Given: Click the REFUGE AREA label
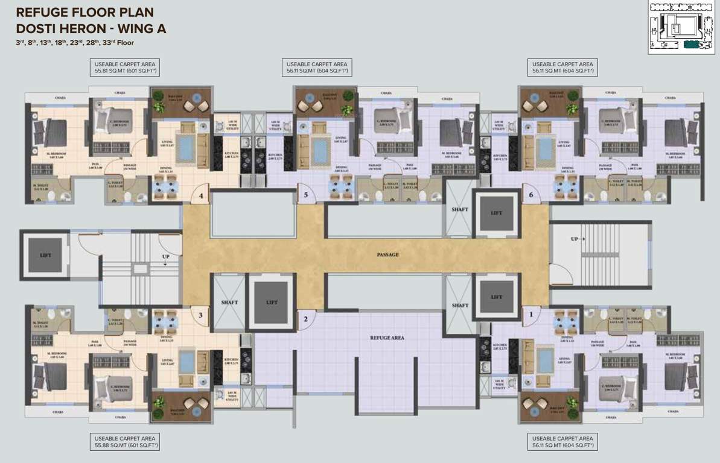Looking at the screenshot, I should [x=387, y=338].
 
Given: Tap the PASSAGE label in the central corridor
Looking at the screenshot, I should [x=387, y=254].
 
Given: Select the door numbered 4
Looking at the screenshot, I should [x=201, y=194].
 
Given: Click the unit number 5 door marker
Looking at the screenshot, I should [x=306, y=195].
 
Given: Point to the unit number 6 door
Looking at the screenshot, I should [x=530, y=195].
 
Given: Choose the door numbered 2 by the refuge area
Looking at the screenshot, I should [x=306, y=319].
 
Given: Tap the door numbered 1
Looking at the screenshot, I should [x=531, y=314].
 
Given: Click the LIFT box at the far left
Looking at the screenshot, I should [x=46, y=255].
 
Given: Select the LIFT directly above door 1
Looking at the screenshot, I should [x=496, y=297].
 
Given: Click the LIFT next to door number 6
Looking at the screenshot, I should [x=496, y=213].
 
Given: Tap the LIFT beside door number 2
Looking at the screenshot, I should [x=272, y=302].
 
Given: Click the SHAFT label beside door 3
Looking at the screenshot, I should [x=229, y=302].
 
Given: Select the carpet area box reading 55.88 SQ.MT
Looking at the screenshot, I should [x=125, y=442].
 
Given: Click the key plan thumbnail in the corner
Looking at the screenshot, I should [x=681, y=27].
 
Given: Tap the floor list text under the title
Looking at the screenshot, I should [x=75, y=43].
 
